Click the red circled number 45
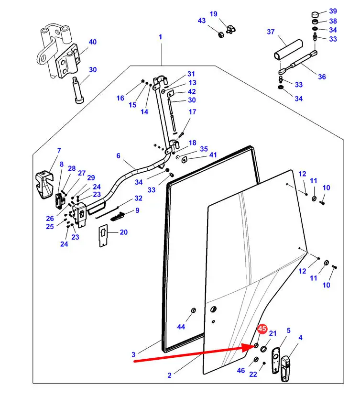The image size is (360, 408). click(x=262, y=329)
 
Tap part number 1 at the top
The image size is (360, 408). click(x=161, y=37)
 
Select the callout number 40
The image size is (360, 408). click(x=93, y=42)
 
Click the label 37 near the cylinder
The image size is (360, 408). click(x=271, y=32)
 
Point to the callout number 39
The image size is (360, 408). click(x=333, y=11)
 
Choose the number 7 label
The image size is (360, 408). click(x=59, y=151)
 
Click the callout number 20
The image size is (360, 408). click(x=124, y=232)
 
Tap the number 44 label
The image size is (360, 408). click(x=181, y=327)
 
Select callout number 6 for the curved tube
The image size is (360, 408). click(x=119, y=155)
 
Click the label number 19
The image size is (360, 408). click(x=214, y=14)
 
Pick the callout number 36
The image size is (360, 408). click(x=322, y=77)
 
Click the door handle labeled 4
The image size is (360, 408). click(x=285, y=368)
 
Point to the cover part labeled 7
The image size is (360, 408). click(x=44, y=185)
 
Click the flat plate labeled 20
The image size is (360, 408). click(x=104, y=235)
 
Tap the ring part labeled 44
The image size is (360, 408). click(x=193, y=310)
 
